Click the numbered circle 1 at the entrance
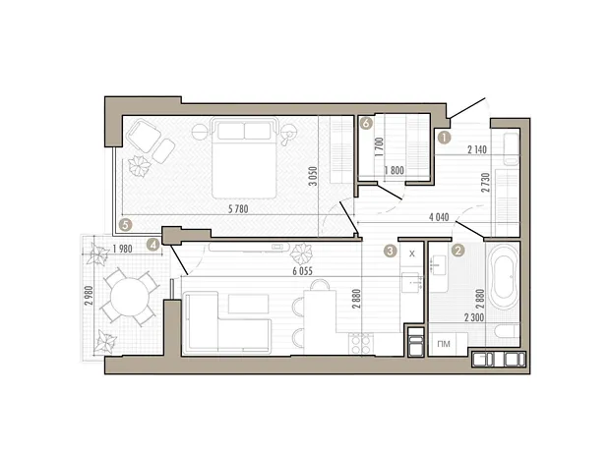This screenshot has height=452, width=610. [x=444, y=138]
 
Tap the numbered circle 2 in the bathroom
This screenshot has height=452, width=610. [x=457, y=251]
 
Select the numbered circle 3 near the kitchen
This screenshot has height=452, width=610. [x=391, y=251]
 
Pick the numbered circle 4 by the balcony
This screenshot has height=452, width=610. [x=153, y=245]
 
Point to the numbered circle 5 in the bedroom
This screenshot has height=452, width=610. [x=125, y=225]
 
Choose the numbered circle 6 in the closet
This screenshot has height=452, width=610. [x=366, y=123]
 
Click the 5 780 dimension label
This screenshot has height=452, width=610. [x=238, y=209]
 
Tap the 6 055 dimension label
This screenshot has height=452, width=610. [x=303, y=271]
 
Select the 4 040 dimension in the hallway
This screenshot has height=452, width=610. [x=439, y=217]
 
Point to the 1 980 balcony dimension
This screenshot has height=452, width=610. [x=122, y=249]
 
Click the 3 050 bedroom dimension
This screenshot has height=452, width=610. [x=313, y=176]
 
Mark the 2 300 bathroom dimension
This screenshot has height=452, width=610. [x=474, y=317]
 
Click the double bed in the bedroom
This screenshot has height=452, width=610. [x=244, y=158]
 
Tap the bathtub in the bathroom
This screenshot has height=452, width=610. [x=504, y=277]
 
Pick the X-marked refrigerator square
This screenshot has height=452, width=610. [x=412, y=254]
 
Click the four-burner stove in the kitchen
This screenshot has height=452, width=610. [x=361, y=344]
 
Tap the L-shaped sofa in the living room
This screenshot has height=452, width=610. [x=227, y=323]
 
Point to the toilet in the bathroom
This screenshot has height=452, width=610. [x=507, y=332]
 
